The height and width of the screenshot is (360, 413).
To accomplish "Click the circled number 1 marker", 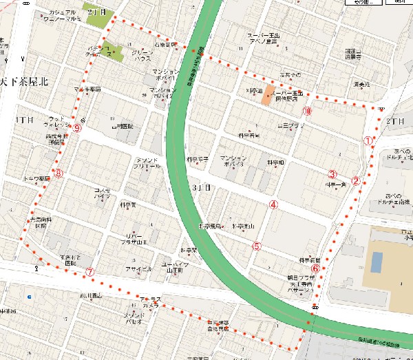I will click(x=368, y=140).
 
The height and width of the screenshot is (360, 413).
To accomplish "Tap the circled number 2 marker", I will click(x=356, y=182).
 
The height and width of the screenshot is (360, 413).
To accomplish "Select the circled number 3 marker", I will click(x=332, y=174).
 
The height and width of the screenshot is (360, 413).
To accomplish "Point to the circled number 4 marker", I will click(x=273, y=204).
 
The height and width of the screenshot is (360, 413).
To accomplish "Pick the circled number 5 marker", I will click(x=257, y=245).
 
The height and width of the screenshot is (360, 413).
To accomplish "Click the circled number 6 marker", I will click(x=315, y=269).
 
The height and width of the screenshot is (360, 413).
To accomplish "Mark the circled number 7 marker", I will click(x=89, y=271).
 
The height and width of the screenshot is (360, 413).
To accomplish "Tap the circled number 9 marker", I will click(x=77, y=128).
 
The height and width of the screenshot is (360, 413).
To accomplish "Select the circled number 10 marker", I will click(x=306, y=111).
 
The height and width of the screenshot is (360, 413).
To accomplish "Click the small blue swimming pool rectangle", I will click(x=376, y=262).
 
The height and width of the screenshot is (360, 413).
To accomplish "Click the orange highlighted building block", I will click(x=267, y=96).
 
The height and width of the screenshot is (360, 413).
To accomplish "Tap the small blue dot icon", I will click(x=28, y=297).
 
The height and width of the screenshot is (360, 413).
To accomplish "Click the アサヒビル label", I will click(x=140, y=269).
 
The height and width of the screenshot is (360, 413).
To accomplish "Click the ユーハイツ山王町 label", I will click(x=176, y=268).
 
